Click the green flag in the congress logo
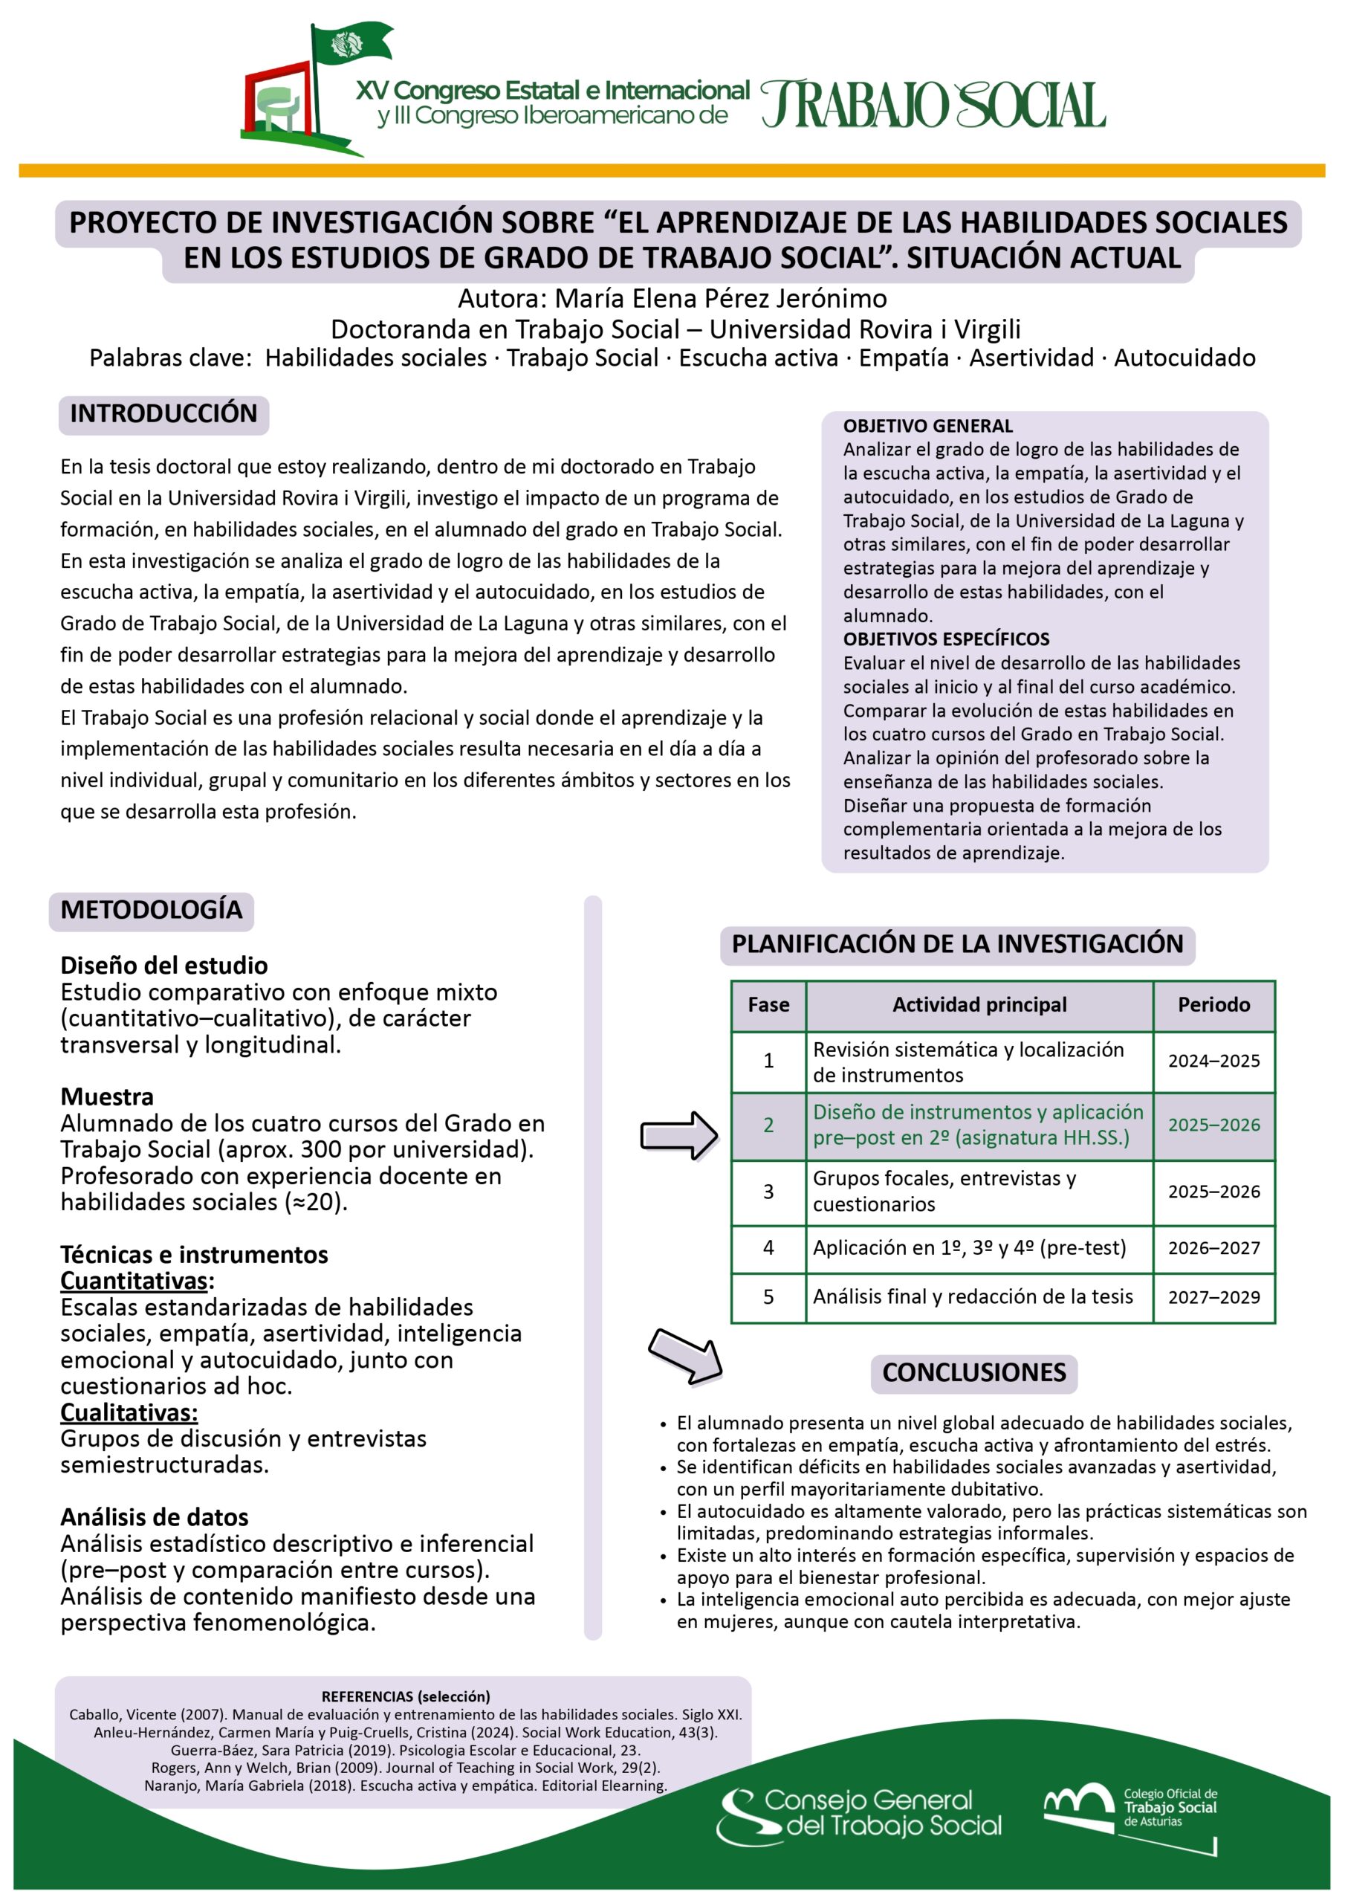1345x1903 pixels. pos(352,45)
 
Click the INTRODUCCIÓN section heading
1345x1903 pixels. pos(163,413)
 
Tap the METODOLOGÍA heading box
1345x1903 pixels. pos(151,910)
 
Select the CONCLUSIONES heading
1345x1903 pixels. pos(973,1372)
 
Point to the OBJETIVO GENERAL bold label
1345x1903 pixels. pos(927,426)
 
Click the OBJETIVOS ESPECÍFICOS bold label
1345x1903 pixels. pos(945,639)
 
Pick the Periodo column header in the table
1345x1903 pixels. pos(1213,1004)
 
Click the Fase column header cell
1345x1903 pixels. pos(768,1004)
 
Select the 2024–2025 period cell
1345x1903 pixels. pos(1213,1061)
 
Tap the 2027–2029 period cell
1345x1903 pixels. pos(1213,1297)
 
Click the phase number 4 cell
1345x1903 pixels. pos(768,1248)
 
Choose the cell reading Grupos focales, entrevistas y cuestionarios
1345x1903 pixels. pos(978,1191)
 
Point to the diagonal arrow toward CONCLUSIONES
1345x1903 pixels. pos(684,1356)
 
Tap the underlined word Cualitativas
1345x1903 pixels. pos(129,1412)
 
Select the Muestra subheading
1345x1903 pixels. pos(107,1096)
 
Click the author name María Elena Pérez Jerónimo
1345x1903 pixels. pos(720,298)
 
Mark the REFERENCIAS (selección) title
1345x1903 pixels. pos(405,1696)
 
